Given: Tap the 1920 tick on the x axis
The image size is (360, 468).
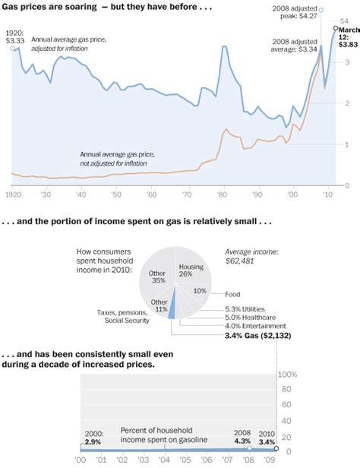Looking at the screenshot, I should [x=12, y=194].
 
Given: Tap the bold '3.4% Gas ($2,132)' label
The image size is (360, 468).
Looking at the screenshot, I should [x=258, y=336].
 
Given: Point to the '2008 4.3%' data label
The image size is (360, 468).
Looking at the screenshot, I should [x=242, y=435].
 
